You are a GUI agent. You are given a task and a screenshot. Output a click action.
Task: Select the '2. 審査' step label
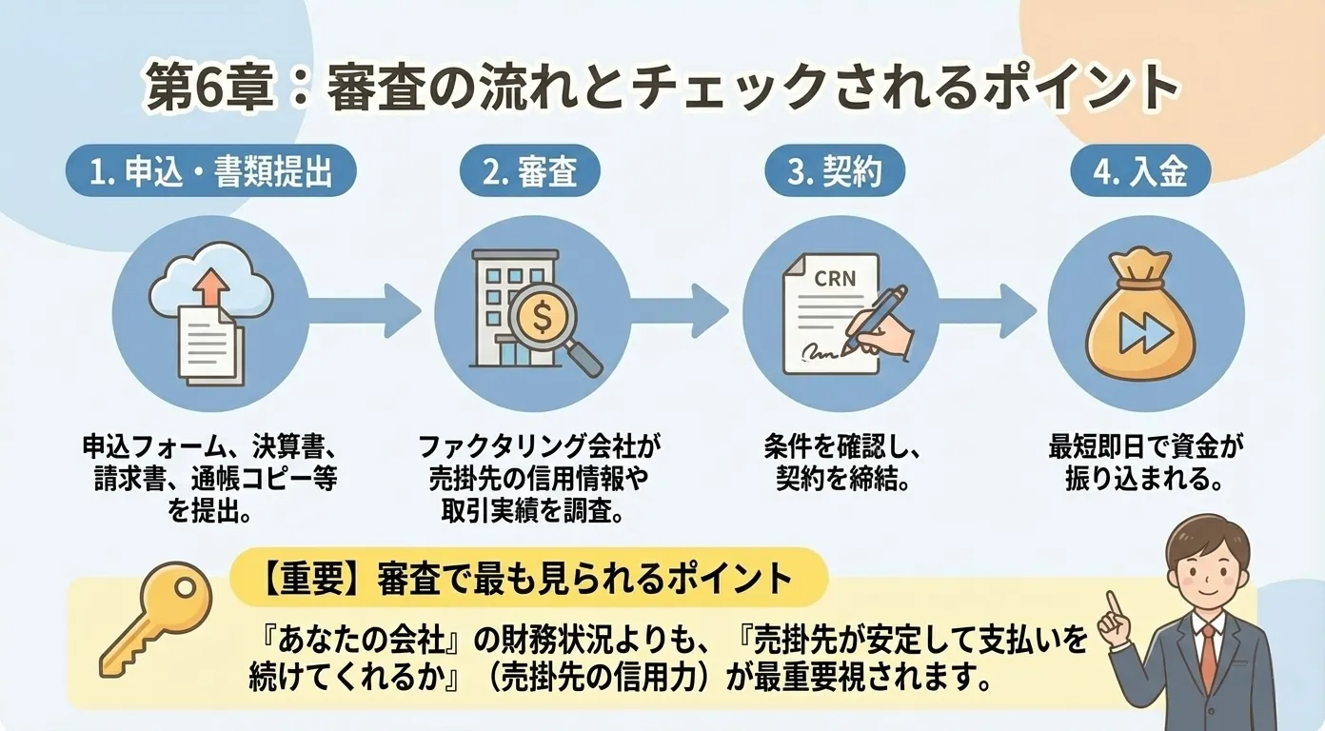pos(530,174)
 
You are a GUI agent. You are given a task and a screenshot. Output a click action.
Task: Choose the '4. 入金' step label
pos(1140,174)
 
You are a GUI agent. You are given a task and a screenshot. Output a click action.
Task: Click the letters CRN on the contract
pos(835,279)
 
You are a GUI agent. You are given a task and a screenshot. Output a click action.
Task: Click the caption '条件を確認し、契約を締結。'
pos(837,463)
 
